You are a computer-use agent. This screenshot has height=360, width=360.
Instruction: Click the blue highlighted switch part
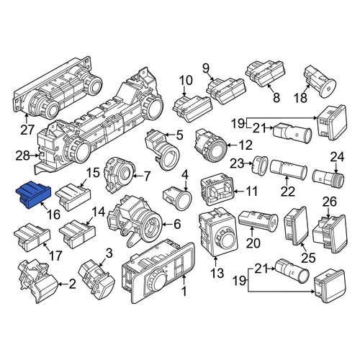click(33, 194)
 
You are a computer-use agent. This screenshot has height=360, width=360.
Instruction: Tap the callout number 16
click(54, 215)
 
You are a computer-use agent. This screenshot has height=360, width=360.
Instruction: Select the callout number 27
click(27, 130)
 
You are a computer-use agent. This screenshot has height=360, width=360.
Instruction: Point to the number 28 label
click(22, 156)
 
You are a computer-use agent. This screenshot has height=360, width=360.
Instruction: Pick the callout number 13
click(217, 273)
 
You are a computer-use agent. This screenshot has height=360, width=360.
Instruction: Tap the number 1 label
click(184, 292)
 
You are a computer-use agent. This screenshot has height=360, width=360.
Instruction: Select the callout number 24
click(337, 157)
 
